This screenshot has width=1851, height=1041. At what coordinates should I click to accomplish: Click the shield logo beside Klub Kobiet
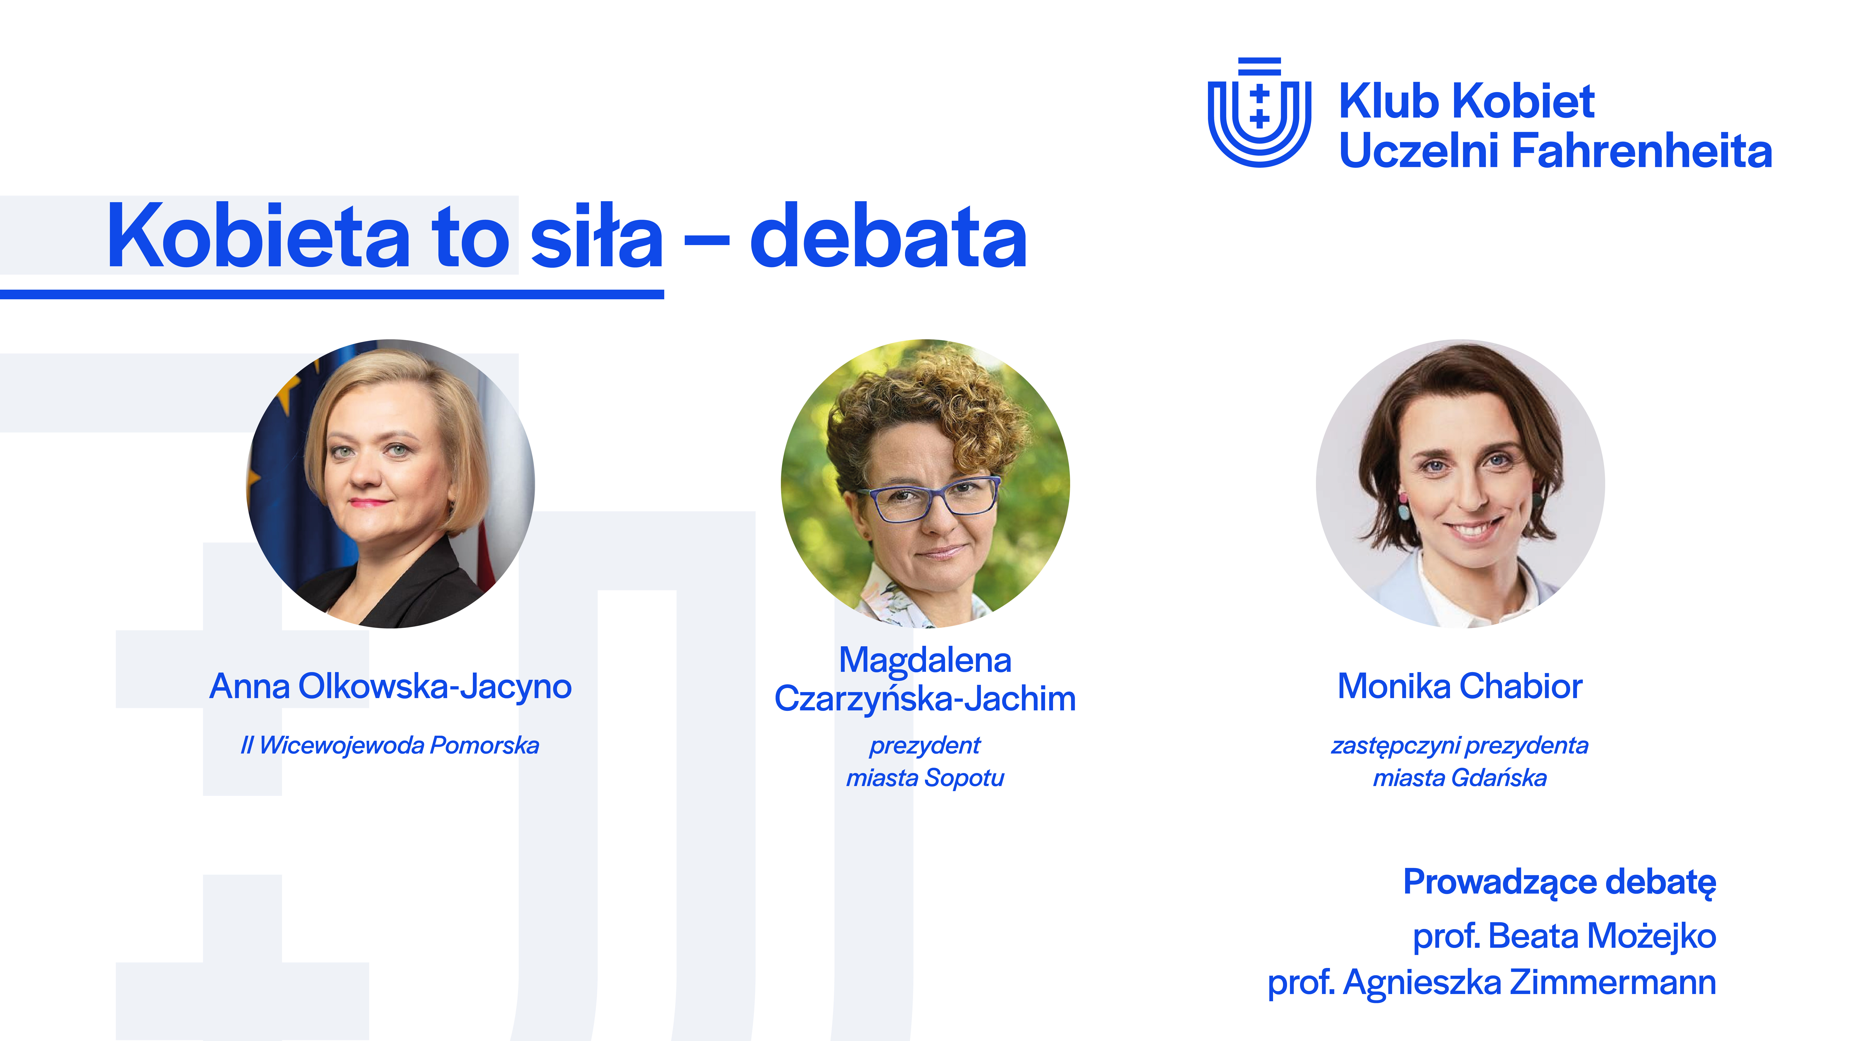coord(1259,113)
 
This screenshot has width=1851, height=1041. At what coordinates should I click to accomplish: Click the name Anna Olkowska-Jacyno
coord(390,687)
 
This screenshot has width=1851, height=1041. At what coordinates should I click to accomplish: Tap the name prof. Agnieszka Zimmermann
coord(1492,983)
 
